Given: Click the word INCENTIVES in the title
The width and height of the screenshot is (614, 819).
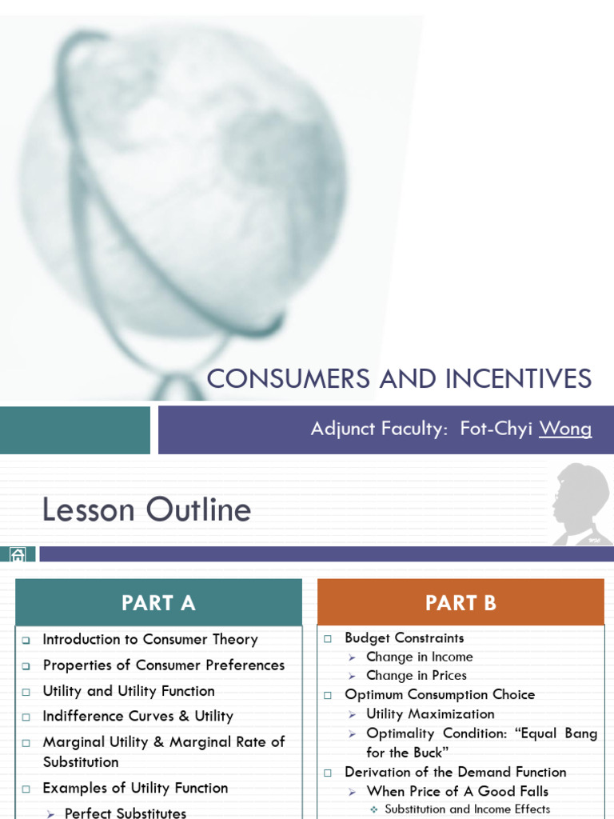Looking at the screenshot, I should tap(512, 378).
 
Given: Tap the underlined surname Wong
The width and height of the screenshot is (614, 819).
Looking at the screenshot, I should tap(565, 429).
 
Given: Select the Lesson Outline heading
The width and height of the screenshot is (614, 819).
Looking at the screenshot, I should tap(146, 509).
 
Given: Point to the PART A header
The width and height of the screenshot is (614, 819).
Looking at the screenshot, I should tap(158, 603).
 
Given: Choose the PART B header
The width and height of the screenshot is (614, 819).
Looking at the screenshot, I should tap(460, 603).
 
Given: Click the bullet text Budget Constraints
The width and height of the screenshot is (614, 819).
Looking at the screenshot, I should tap(404, 637).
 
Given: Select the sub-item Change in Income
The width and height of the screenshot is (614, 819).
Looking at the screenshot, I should tap(419, 657).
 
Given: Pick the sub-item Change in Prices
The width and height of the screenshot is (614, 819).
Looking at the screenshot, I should tap(416, 676).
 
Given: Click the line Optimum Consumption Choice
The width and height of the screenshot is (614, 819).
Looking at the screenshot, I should tap(440, 695).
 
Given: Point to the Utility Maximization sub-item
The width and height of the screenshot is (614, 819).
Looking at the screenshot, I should tap(430, 714).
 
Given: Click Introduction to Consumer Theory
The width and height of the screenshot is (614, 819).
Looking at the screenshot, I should tap(150, 639).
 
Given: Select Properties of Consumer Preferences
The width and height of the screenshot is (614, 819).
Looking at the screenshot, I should tap(163, 665).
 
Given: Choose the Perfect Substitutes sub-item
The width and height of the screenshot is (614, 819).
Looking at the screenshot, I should tap(126, 813).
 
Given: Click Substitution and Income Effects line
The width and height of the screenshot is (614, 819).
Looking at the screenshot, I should tap(467, 809).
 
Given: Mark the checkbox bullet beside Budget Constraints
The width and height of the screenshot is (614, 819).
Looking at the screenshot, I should tap(328, 638).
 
